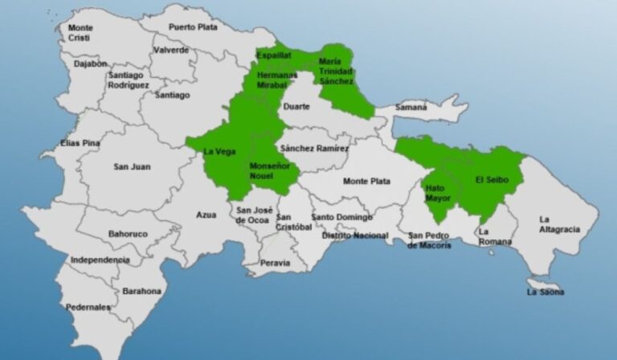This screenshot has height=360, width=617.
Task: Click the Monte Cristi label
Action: pyautogui.click(x=80, y=33)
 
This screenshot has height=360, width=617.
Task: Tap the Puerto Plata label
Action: pyautogui.click(x=193, y=27)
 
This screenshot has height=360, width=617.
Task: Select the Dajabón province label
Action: pyautogui.click(x=88, y=63)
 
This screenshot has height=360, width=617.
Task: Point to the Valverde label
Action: pyautogui.click(x=170, y=50)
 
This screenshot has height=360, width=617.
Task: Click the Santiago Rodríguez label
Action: pyautogui.click(x=129, y=80)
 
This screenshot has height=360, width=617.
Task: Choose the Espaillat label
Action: pyautogui.click(x=274, y=55)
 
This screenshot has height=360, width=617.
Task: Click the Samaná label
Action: pyautogui.click(x=411, y=107)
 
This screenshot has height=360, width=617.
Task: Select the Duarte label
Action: pyautogui.click(x=296, y=106)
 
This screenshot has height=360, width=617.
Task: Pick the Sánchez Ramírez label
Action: pyautogui.click(x=315, y=149)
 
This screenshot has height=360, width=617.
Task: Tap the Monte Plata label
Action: pyautogui.click(x=366, y=182)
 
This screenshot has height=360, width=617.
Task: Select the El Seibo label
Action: pyautogui.click(x=490, y=178)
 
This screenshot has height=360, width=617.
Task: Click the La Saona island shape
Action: pyautogui.click(x=544, y=284)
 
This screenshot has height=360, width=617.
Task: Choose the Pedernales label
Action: pyautogui.click(x=88, y=307)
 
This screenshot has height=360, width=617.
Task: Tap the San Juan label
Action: pyautogui.click(x=132, y=167)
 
